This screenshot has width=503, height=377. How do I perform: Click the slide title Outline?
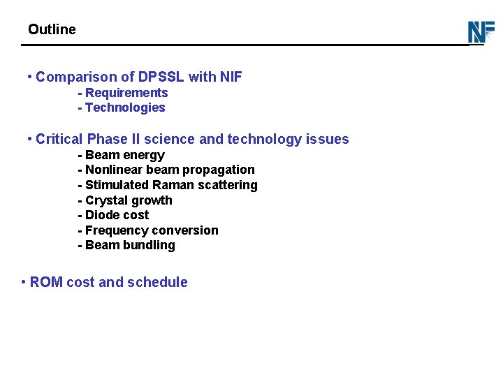point(52,29)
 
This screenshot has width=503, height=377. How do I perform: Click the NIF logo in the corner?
point(481,32)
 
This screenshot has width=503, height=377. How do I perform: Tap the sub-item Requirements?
point(126,93)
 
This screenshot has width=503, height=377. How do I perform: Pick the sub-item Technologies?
point(124,108)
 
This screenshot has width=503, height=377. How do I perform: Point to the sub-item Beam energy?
point(124,155)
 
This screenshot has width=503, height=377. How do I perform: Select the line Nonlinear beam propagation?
point(169,170)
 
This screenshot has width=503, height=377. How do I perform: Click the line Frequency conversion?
point(151,230)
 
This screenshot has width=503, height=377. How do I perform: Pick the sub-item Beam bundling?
point(129,245)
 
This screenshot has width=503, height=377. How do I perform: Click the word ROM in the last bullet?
point(46,282)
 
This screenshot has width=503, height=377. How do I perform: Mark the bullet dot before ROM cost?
point(24,282)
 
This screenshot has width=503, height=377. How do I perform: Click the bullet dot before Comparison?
point(29,76)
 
